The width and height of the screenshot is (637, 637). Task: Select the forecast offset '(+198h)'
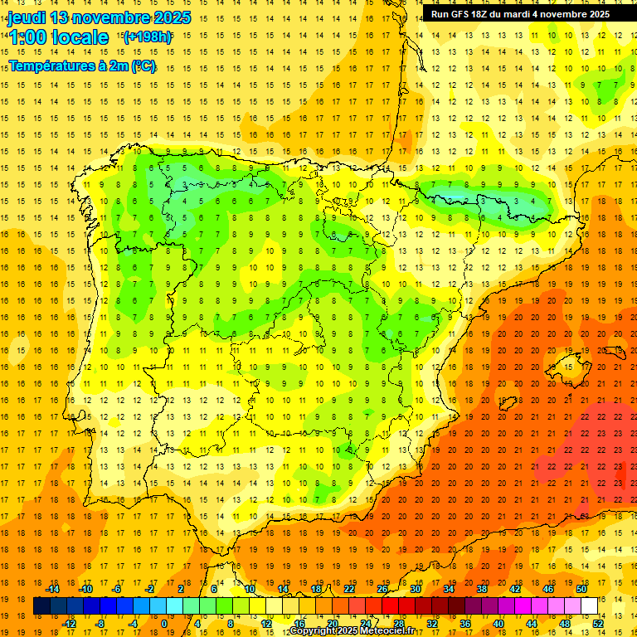[x=147, y=37]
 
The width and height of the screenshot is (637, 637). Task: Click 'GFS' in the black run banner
[x=464, y=14]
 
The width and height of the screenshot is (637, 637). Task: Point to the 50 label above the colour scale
[x=581, y=589]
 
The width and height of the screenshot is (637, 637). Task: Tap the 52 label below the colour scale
[x=598, y=624]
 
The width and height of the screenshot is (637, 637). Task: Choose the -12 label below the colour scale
[x=68, y=624]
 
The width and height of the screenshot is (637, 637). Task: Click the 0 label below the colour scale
[x=164, y=624]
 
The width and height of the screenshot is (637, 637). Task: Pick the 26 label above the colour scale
[x=382, y=589]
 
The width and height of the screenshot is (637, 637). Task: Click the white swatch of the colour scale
[x=589, y=606]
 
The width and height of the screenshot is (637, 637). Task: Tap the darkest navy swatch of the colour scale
[x=41, y=606]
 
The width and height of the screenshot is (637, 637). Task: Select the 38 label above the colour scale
[x=481, y=589]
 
